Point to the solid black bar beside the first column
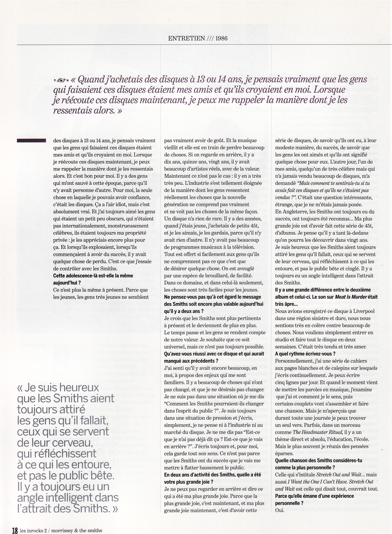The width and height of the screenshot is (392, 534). click(x=31, y=141)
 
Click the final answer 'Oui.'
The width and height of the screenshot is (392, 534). click(x=280, y=510)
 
